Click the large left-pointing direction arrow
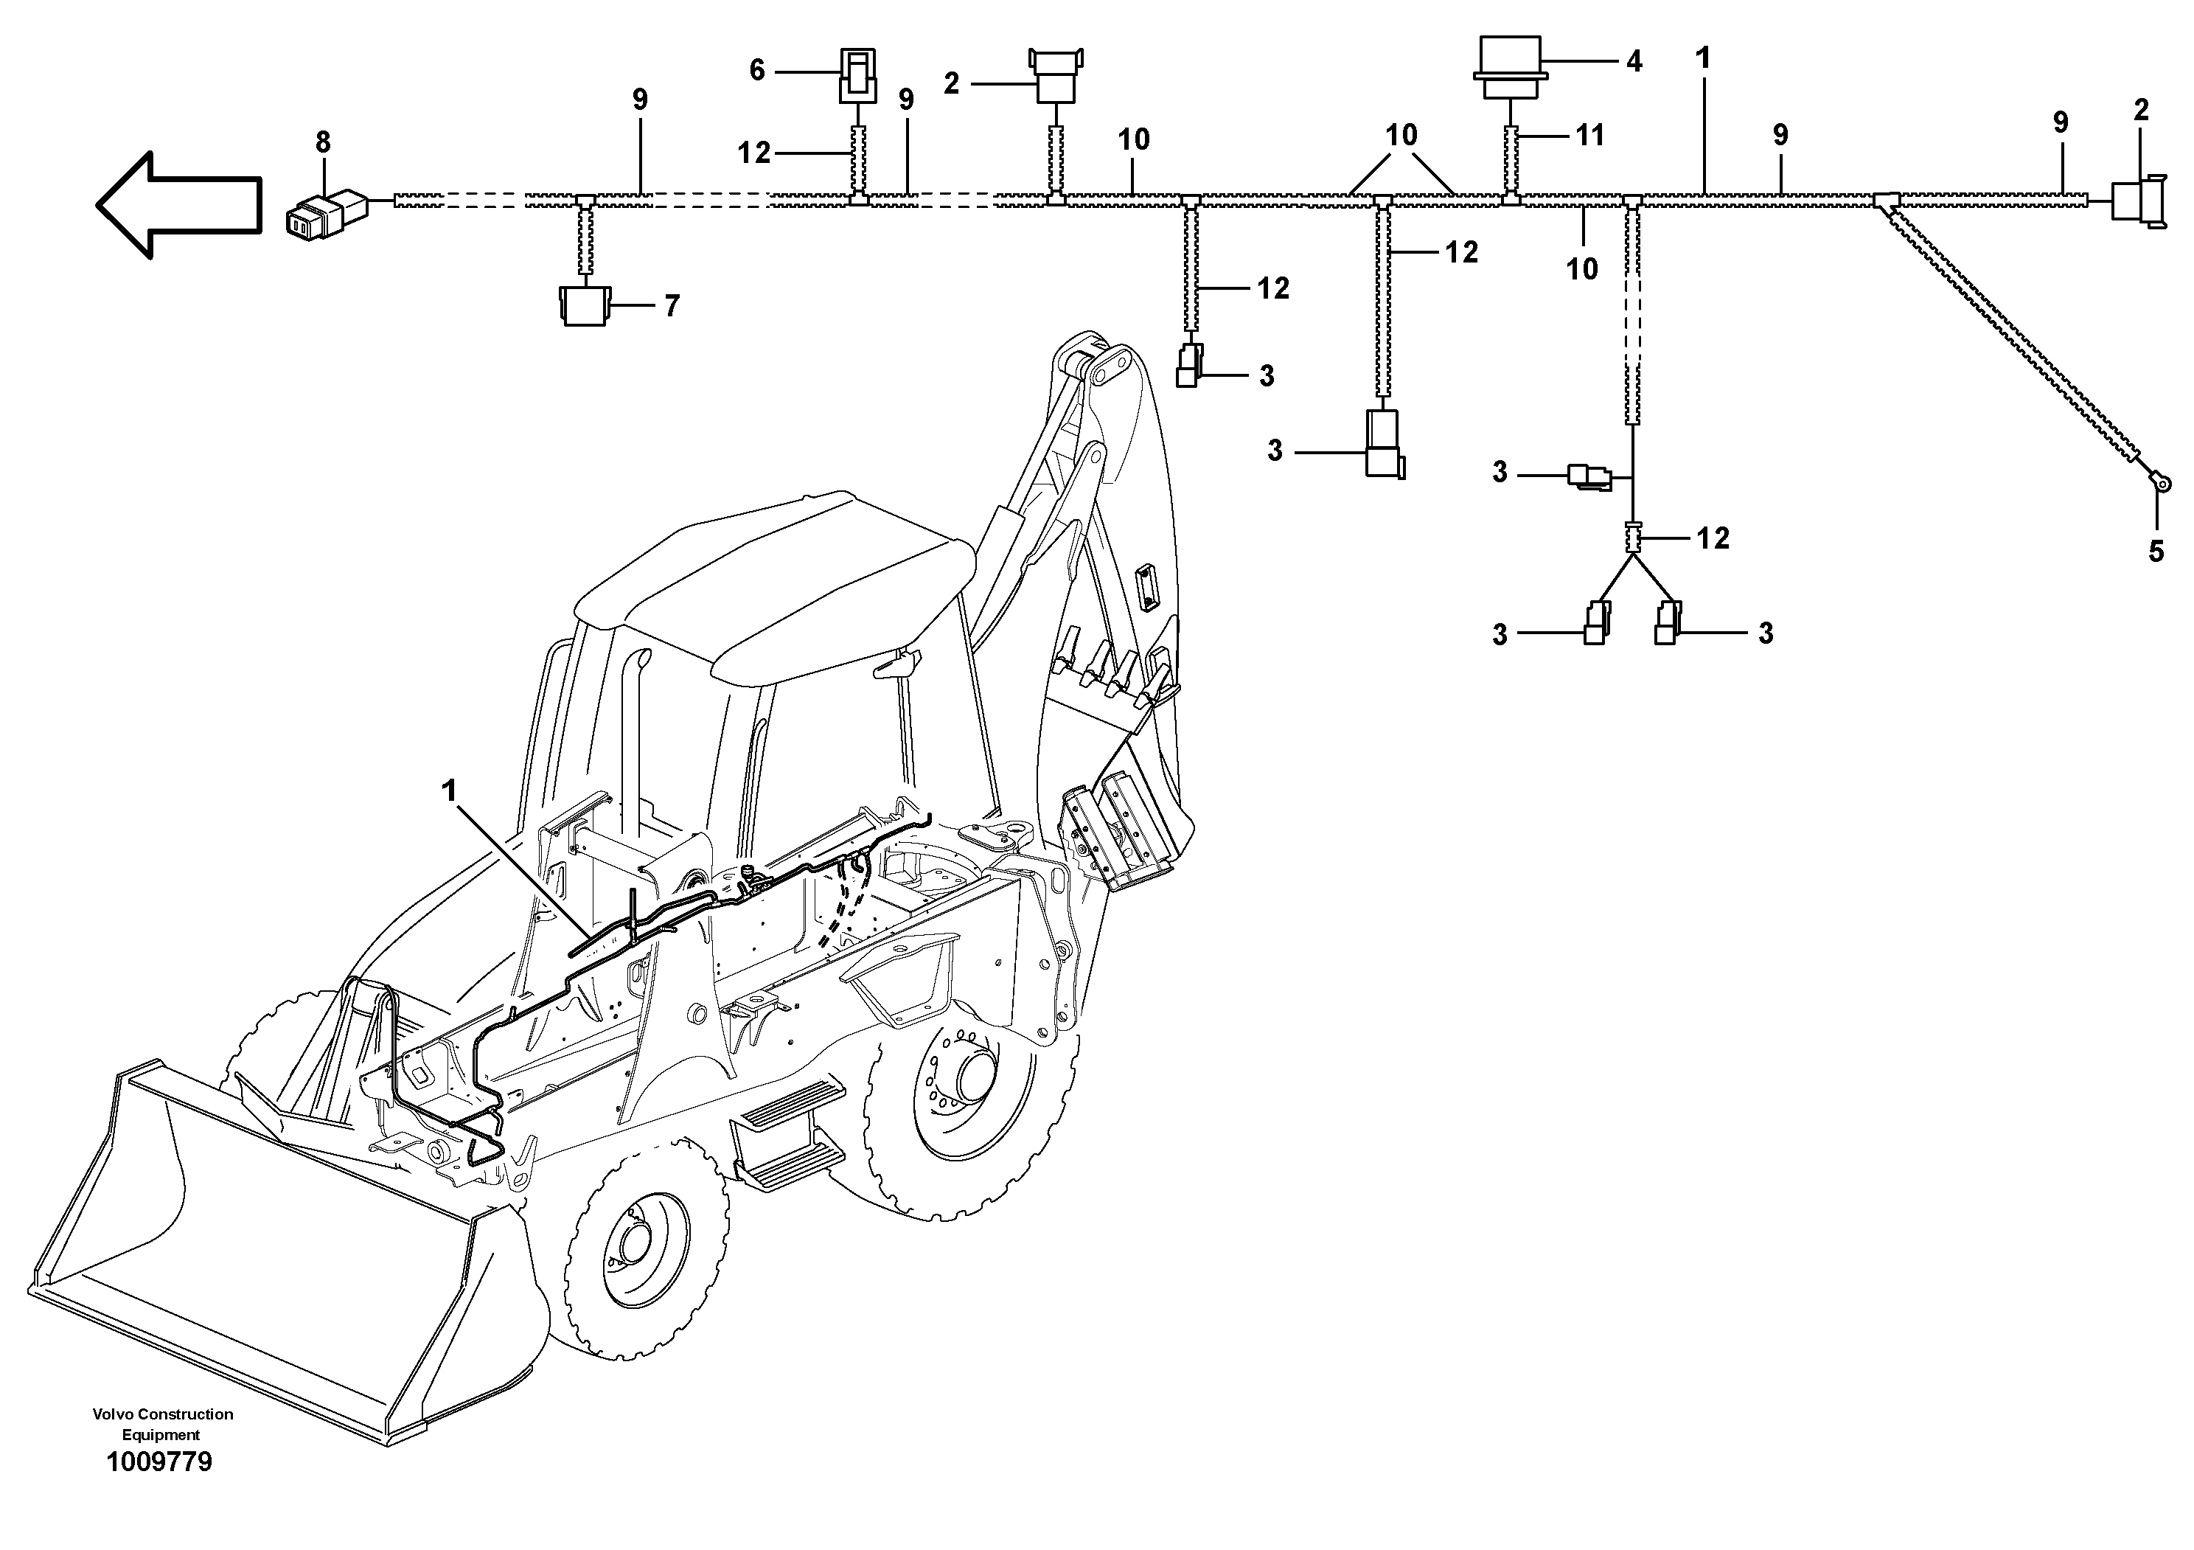(x=177, y=204)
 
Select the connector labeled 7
(x=583, y=306)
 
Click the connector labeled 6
(x=857, y=77)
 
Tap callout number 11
(x=1590, y=136)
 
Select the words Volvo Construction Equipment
(x=162, y=1424)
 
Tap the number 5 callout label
(x=2156, y=552)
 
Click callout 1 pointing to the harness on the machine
(x=449, y=791)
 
